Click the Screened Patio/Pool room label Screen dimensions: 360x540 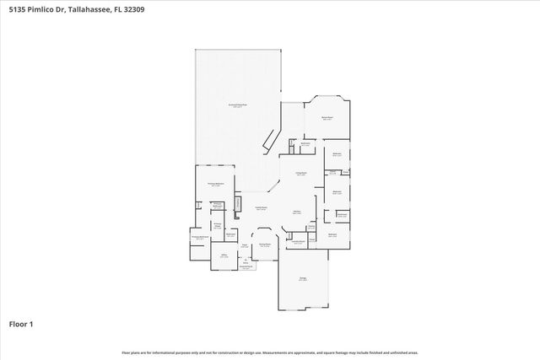click(239, 105)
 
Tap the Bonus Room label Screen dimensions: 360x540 click(327, 118)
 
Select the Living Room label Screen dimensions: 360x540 click(300, 174)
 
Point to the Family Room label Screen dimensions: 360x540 click(262, 207)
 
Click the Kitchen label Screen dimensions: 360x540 click(297, 212)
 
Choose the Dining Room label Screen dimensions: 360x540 click(265, 245)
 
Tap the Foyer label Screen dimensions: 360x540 click(244, 246)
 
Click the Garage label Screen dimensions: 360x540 click(303, 278)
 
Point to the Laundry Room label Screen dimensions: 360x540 click(299, 241)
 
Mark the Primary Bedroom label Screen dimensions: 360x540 click(215, 184)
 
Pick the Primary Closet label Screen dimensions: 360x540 click(217, 225)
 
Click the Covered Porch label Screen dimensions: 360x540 click(246, 266)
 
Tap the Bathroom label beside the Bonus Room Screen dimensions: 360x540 click(306, 144)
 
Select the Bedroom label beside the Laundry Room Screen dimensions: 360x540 click(332, 234)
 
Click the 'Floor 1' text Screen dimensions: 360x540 click(20, 324)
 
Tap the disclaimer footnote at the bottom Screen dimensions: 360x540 click(270, 352)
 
